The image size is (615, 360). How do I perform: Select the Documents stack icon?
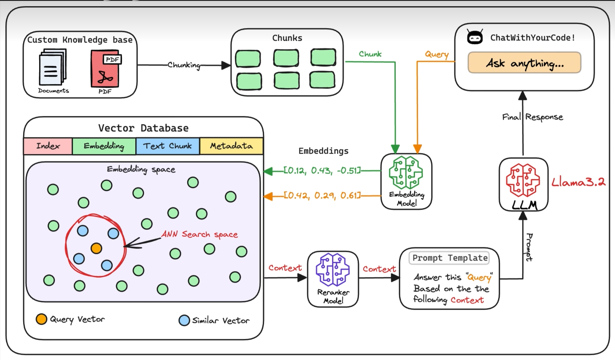[53, 67]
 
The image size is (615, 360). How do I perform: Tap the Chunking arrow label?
[184, 65]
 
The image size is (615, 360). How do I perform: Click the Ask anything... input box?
[524, 63]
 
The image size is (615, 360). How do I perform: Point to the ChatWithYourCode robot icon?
[475, 37]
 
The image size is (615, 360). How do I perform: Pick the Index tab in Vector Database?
[48, 146]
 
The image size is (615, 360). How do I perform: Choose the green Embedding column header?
[104, 146]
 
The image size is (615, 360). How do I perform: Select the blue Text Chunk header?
[167, 146]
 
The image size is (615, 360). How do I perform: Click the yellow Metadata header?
[231, 146]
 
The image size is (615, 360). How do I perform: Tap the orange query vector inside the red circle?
[96, 248]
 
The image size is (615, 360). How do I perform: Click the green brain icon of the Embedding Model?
[406, 172]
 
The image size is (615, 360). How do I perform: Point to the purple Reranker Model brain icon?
[333, 269]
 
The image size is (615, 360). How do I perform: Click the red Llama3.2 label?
[578, 182]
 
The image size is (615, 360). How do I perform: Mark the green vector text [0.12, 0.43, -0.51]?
[322, 171]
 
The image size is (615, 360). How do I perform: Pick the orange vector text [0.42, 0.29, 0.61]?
[322, 196]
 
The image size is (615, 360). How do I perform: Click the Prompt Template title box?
[449, 258]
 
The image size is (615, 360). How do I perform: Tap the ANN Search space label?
[199, 234]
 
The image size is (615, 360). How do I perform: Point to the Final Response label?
[532, 117]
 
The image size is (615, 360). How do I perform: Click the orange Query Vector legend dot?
[42, 319]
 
